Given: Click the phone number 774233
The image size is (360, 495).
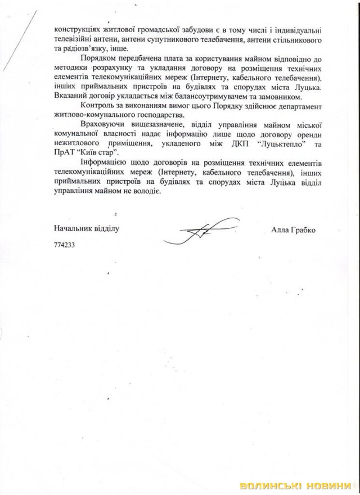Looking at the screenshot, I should pos(64,245).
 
